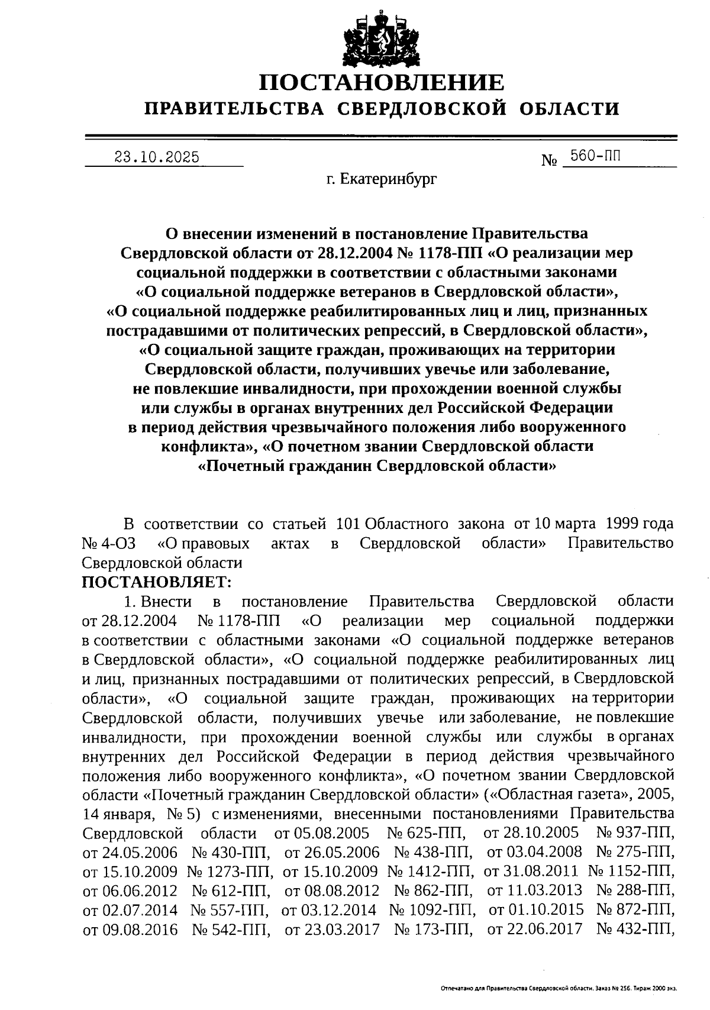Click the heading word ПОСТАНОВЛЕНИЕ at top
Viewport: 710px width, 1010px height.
tap(382, 82)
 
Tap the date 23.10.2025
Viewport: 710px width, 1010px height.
tap(157, 157)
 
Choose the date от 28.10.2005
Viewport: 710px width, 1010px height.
tap(531, 833)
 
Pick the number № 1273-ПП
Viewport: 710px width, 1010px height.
tap(230, 872)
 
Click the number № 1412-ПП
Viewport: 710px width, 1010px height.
tap(430, 872)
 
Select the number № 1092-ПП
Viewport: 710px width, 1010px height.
tap(431, 910)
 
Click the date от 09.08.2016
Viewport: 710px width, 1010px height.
tap(130, 930)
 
